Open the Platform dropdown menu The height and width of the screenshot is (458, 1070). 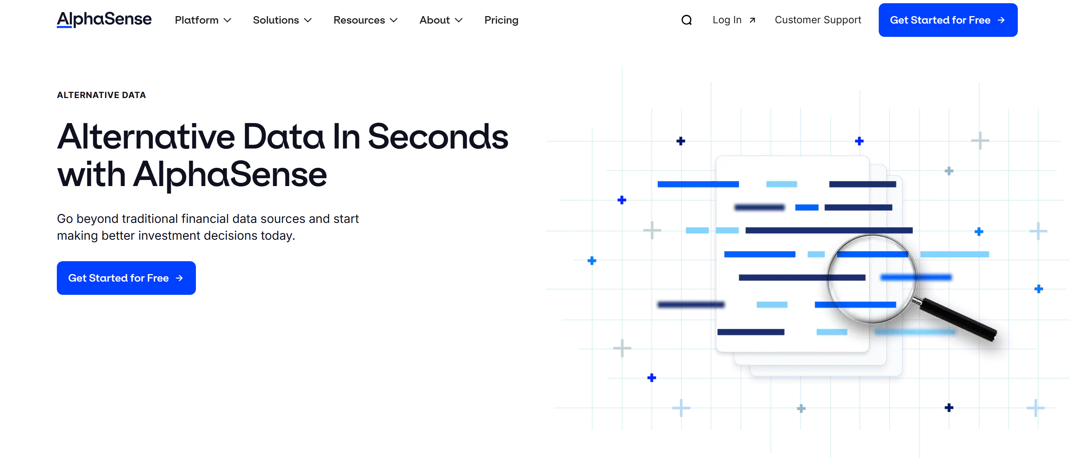pos(202,20)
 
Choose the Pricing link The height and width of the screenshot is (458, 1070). pos(501,20)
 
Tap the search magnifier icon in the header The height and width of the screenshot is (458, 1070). pos(686,20)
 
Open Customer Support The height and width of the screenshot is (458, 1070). pos(818,20)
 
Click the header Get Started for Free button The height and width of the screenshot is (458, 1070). pos(947,20)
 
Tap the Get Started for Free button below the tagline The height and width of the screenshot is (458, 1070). pos(126,278)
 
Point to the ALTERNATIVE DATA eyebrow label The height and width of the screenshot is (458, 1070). pos(101,95)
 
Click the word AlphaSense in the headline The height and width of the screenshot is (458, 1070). pos(230,175)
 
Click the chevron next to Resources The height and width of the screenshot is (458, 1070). pos(393,20)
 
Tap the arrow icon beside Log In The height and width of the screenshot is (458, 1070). pos(752,20)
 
